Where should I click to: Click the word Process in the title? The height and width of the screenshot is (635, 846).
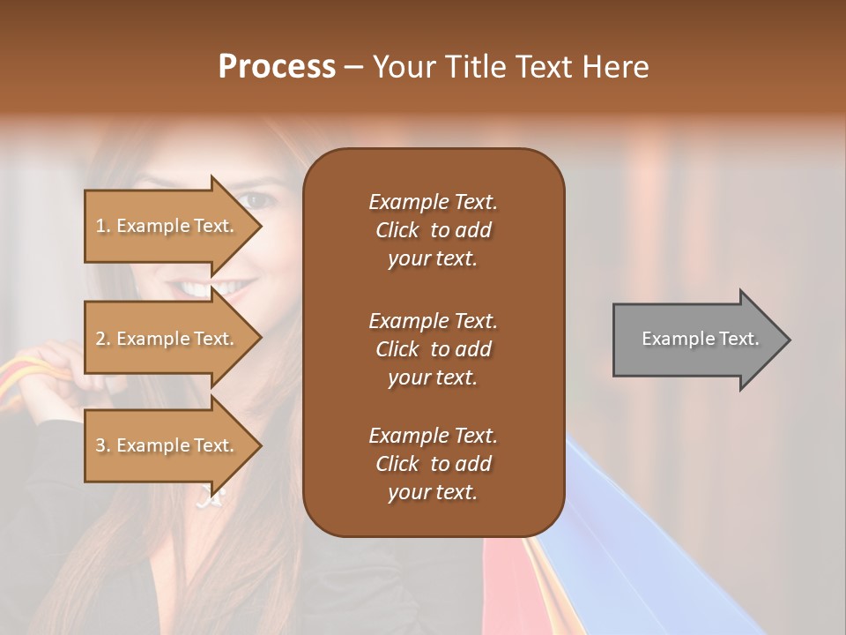[x=277, y=67]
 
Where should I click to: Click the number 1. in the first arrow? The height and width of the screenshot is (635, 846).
[x=103, y=227]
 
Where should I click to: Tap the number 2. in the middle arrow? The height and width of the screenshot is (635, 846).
[x=103, y=340]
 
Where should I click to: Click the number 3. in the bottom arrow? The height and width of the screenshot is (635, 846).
[x=103, y=446]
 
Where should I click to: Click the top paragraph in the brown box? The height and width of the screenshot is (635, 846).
[x=433, y=230]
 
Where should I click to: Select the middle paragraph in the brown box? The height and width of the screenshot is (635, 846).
[x=433, y=349]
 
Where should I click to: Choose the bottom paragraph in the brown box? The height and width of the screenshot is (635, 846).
[x=433, y=464]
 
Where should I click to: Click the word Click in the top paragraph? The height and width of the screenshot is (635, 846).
[x=397, y=230]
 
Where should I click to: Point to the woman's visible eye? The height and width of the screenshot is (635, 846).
[x=258, y=200]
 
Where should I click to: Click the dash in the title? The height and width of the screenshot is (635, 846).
[x=353, y=68]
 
